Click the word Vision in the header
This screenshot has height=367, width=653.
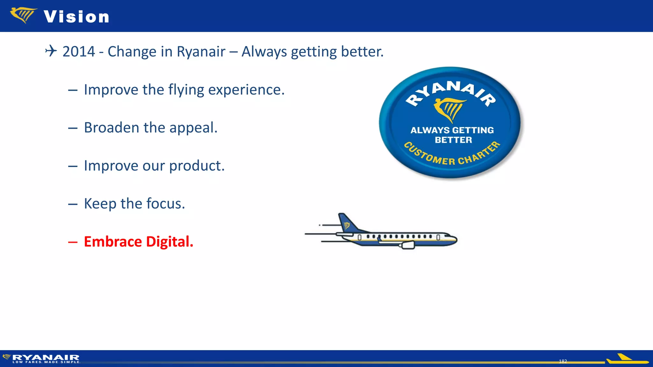point(77,17)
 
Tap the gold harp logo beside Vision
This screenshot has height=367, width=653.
point(23,15)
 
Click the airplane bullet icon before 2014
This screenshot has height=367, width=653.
point(51,51)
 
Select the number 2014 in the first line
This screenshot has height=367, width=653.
point(79,52)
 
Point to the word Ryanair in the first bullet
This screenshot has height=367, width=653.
point(201,52)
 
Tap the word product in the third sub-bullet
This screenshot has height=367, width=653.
point(197,166)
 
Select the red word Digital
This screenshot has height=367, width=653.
point(170,242)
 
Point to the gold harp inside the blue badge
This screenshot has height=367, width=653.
point(449,109)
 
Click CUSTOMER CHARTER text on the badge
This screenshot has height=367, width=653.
point(452,155)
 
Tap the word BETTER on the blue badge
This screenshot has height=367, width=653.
point(453,140)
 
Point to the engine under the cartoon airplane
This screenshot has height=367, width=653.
point(407,245)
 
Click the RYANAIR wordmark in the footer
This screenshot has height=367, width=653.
point(46,357)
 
